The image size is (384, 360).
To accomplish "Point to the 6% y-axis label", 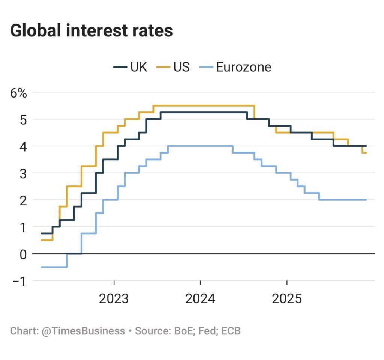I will [x=18, y=93].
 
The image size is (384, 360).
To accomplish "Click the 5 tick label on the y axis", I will [x=23, y=120].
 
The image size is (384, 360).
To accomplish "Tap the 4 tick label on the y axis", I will [x=23, y=146].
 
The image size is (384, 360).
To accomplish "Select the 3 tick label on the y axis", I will [x=23, y=173].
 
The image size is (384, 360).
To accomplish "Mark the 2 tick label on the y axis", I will [x=23, y=200].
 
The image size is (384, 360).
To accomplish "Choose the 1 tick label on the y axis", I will [x=23, y=227].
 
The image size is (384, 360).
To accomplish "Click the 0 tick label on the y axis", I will [x=23, y=254].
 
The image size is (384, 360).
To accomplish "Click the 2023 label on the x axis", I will [x=114, y=299].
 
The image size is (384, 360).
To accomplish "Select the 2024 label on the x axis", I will [x=200, y=299].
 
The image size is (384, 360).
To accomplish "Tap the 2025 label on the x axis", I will [x=287, y=299].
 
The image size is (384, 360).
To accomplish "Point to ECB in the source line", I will [x=231, y=331].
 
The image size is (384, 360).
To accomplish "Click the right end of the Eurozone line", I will [x=366, y=200].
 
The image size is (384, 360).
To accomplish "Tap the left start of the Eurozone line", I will [x=42, y=267].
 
